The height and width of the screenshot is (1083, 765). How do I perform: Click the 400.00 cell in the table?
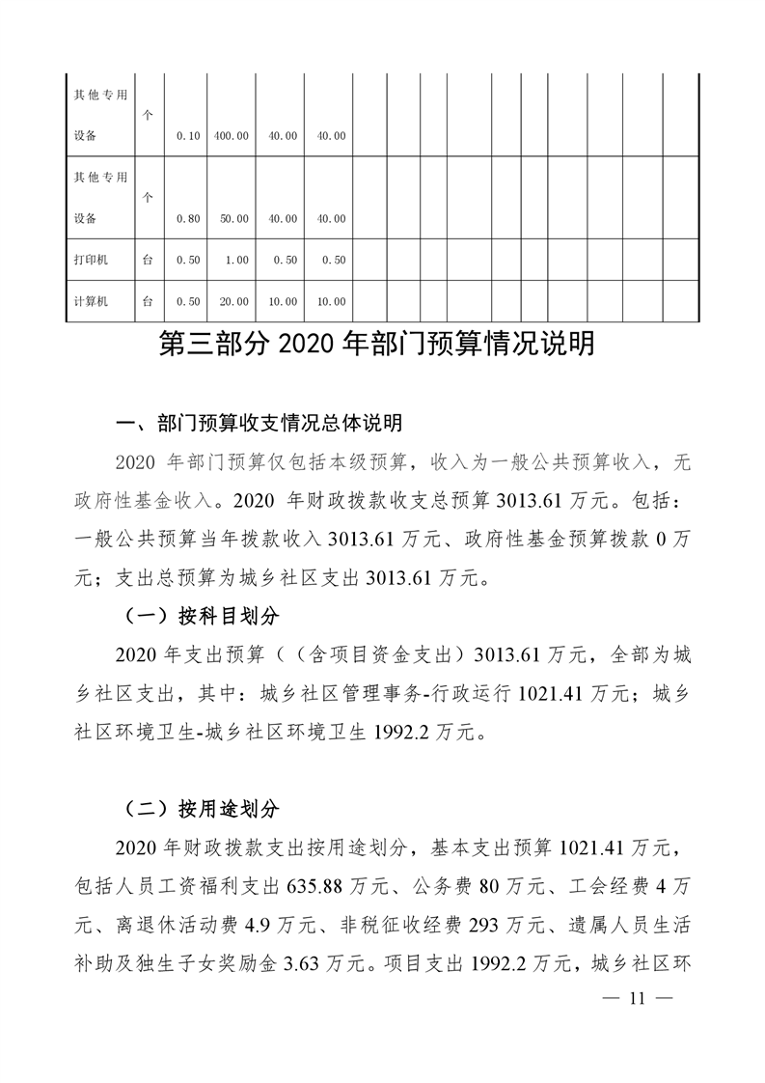(x=233, y=136)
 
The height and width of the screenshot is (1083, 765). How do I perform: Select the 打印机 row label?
(x=92, y=260)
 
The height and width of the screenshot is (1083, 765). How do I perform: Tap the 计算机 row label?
(x=92, y=301)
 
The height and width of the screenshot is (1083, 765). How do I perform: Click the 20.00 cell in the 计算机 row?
(x=233, y=301)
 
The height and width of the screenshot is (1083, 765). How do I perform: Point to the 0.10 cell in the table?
(x=188, y=136)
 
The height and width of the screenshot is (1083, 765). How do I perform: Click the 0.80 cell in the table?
(x=188, y=219)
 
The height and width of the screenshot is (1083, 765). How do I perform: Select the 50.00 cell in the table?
(x=233, y=219)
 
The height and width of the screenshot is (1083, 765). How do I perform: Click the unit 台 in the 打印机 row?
(x=148, y=260)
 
